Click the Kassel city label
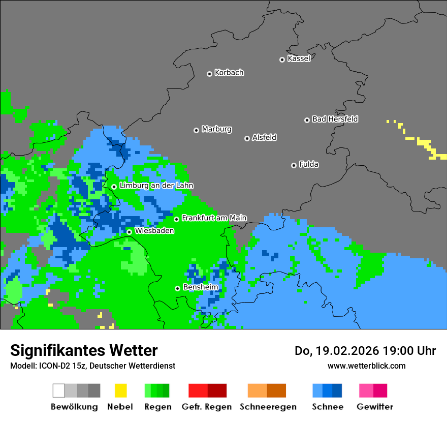point(299,58)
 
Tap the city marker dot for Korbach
point(209,74)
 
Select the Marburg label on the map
point(216,129)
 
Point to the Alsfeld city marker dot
point(247,138)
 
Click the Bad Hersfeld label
point(335,119)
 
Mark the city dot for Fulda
point(294,165)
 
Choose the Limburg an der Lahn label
point(156,186)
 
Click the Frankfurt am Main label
point(214,218)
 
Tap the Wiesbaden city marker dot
point(129,232)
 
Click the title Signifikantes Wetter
point(84,350)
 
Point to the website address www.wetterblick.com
point(366,366)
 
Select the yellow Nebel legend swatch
point(120,390)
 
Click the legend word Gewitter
point(374,407)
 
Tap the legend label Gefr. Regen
point(207,407)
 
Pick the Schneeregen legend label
point(268,407)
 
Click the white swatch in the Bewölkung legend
point(58,390)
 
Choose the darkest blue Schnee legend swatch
point(337,390)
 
